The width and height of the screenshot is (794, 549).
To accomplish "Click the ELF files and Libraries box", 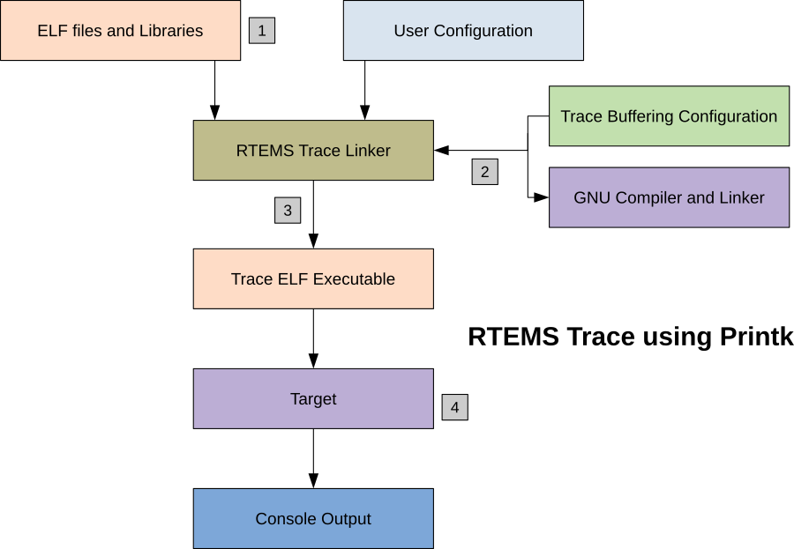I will coord(120,31).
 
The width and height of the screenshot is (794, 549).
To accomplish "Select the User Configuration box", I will coord(463,31).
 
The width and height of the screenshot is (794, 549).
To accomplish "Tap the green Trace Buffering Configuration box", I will coord(669,116).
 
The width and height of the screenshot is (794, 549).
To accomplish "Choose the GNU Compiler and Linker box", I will coord(669,197).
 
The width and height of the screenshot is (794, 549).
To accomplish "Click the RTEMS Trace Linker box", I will coord(313,151).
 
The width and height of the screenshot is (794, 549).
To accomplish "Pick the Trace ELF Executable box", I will coord(313,279).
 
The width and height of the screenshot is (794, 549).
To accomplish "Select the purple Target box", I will coord(313,399).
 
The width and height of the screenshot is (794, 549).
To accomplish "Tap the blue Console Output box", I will coord(313,519).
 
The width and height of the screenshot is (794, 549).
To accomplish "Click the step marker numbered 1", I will coord(262,31).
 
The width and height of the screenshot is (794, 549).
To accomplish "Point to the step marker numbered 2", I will coord(484,172).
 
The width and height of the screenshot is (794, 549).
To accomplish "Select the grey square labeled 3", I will coord(288,211).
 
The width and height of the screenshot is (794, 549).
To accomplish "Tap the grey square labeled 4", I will coord(454,407).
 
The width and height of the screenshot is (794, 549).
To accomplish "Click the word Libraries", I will coord(171,31).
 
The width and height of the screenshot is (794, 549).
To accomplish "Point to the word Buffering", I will coord(642,116).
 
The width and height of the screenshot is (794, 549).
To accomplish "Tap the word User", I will coord(411,31).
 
